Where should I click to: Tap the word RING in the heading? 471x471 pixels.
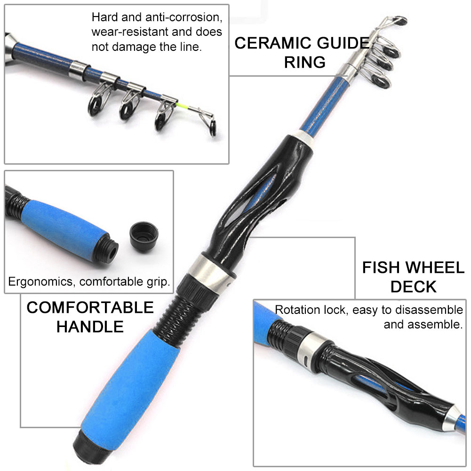click(x=304, y=62)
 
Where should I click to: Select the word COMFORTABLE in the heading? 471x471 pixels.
click(x=90, y=308)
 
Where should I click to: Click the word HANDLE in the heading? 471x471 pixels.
click(x=90, y=326)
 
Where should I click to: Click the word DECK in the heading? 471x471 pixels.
click(x=413, y=287)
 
